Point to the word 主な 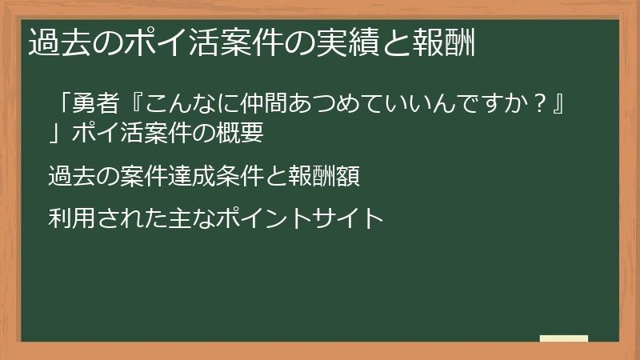[188, 218]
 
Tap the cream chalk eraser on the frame [564, 339]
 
